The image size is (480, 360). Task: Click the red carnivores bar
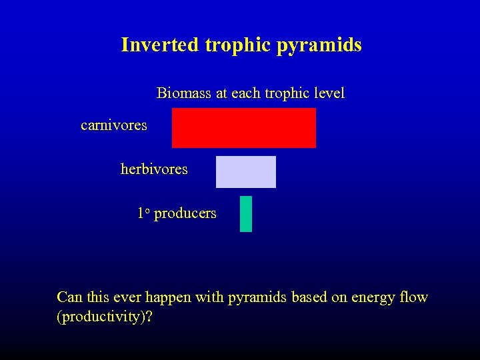coord(244,128)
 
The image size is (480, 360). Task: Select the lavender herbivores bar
coord(245,172)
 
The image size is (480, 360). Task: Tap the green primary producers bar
coord(246,214)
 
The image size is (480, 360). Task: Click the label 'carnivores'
coord(113,125)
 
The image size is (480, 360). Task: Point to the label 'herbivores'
coord(154,169)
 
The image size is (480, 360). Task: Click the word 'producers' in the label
coord(185,214)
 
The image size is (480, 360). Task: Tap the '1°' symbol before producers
coord(143,213)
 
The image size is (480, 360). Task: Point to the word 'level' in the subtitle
coord(330,93)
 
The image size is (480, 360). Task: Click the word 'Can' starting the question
coord(70,297)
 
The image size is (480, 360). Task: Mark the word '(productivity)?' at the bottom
coord(105,317)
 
